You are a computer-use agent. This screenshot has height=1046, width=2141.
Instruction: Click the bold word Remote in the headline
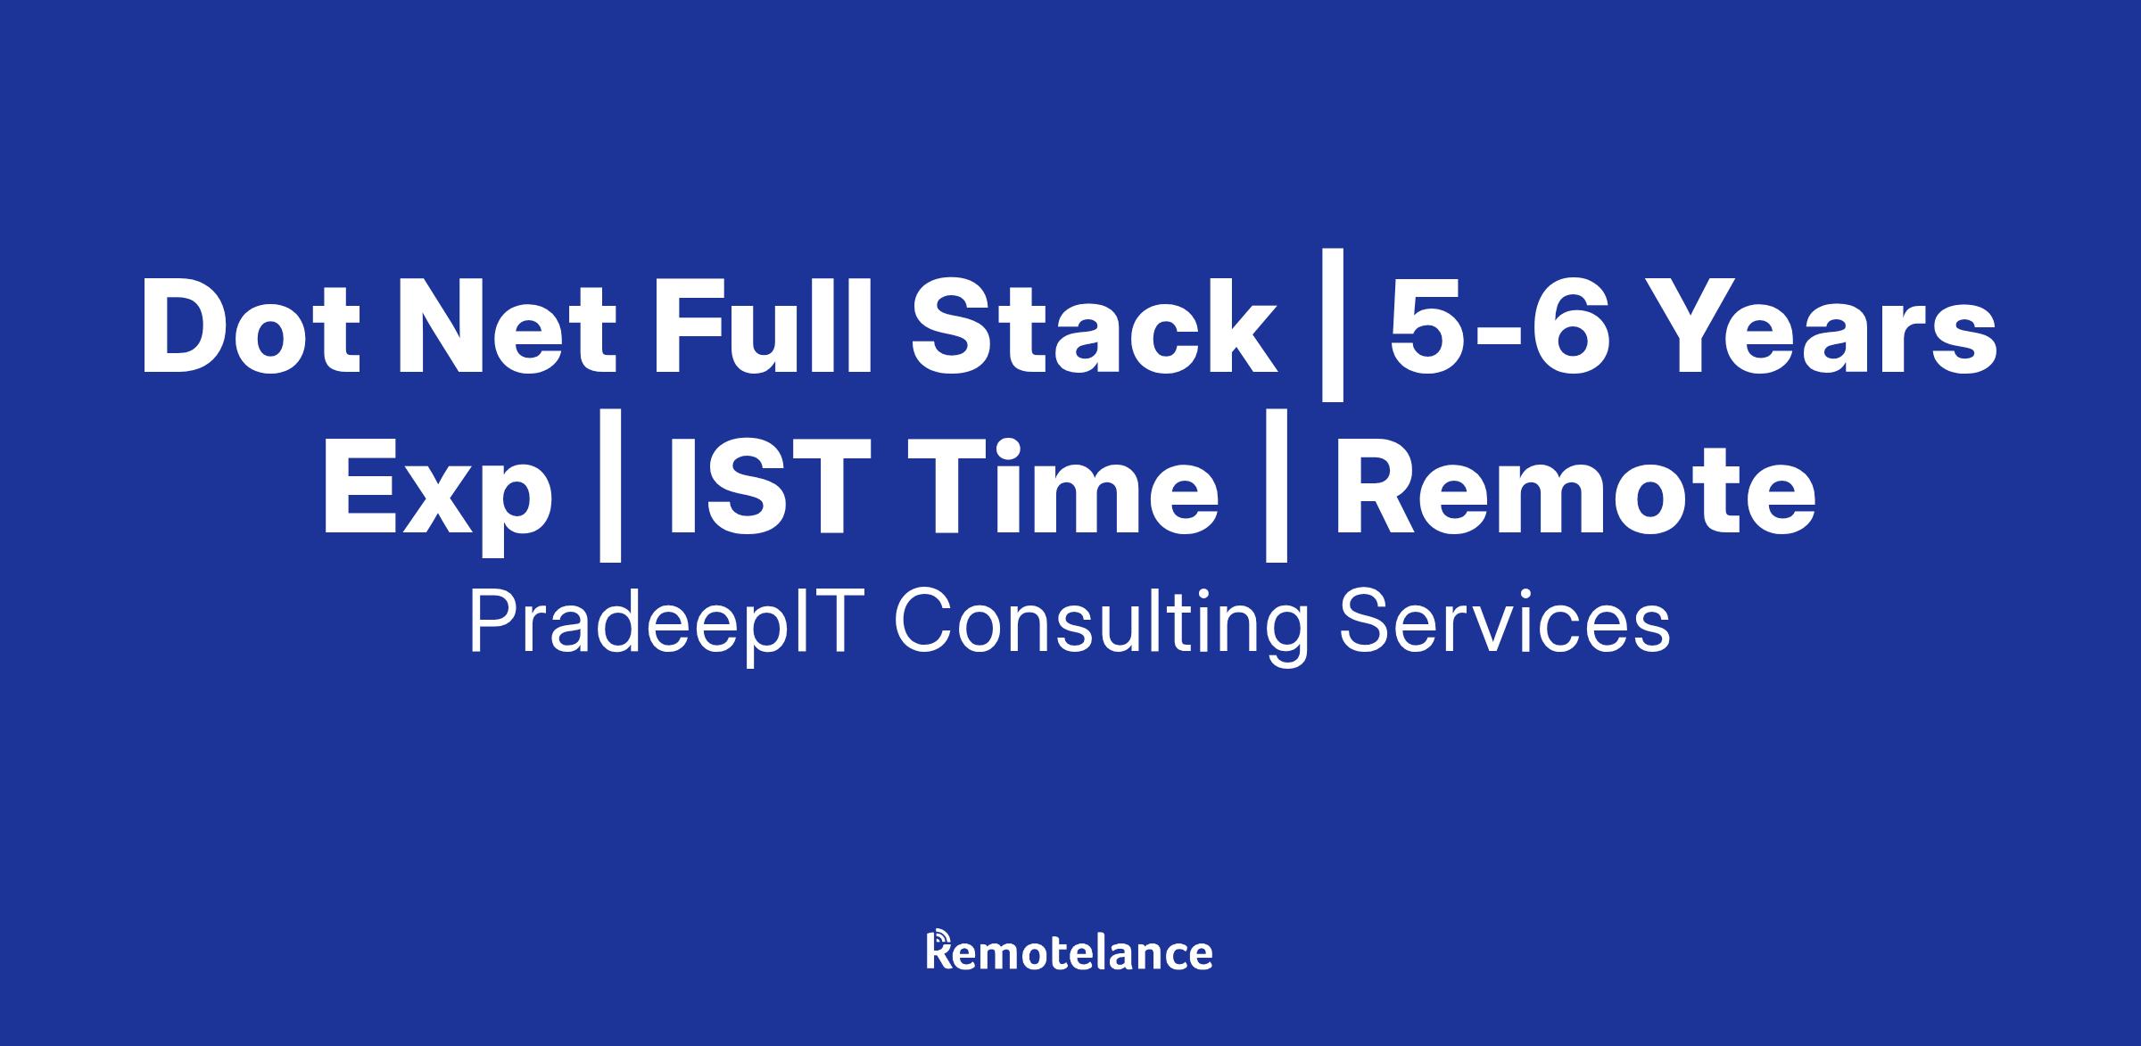[x=1575, y=490]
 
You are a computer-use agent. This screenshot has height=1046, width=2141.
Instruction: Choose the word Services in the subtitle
[x=1504, y=623]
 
